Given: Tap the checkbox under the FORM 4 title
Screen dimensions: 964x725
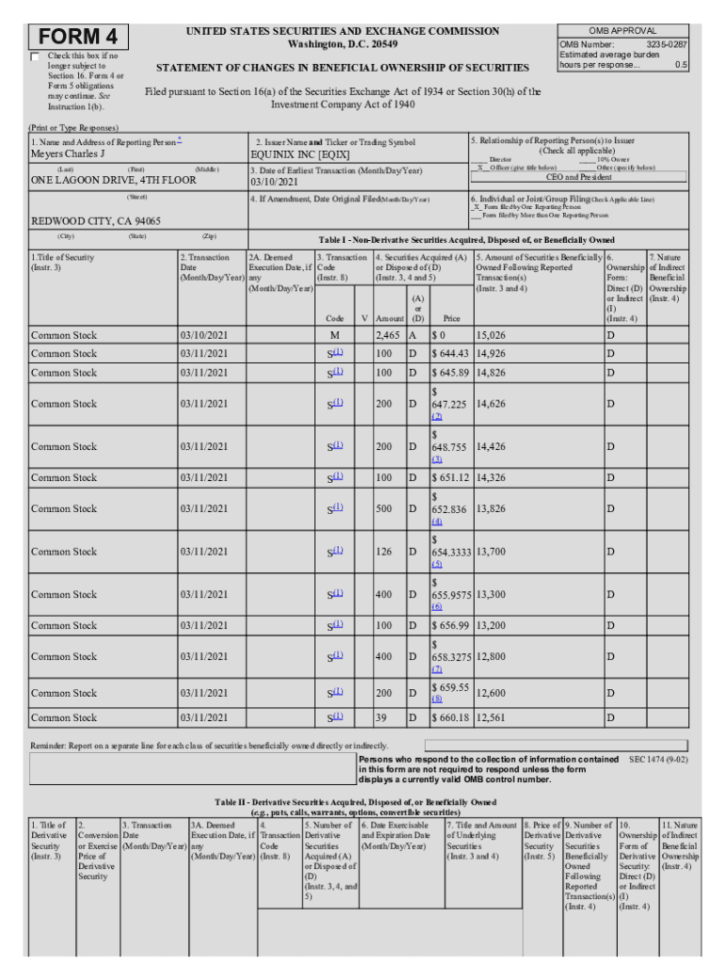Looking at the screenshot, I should point(36,57).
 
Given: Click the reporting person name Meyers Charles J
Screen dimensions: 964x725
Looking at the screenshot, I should point(69,153).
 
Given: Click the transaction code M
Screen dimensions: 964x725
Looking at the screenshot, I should point(334,334).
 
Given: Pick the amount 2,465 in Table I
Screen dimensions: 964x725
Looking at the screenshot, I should point(388,334).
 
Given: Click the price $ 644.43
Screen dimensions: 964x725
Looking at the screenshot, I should point(450,353).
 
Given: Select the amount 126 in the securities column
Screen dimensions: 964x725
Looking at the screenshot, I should point(388,552).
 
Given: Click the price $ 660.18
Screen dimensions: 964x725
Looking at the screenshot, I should point(450,717).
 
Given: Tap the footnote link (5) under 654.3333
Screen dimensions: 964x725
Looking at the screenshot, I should point(437,564).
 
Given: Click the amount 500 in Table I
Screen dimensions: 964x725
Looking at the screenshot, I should point(388,508).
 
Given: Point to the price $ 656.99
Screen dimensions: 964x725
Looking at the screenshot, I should point(450,625).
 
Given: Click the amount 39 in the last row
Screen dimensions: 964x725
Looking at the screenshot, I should point(382,717).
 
